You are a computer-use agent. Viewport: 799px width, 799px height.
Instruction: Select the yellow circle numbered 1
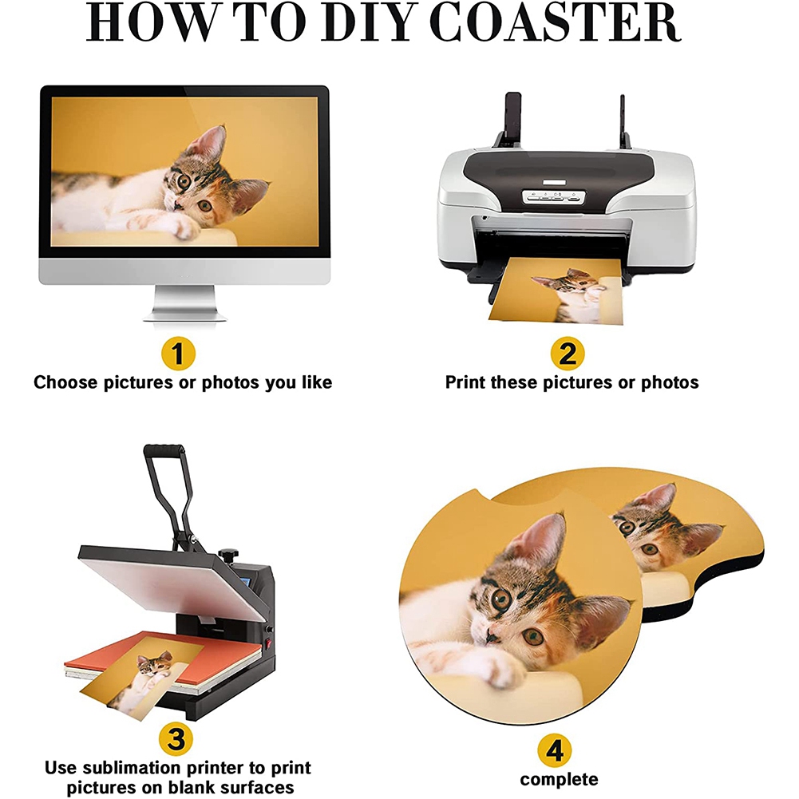178,353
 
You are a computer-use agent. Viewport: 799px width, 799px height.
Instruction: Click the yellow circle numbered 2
568,353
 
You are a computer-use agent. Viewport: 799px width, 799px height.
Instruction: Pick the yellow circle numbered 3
176,738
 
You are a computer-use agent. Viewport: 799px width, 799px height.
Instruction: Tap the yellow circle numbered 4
555,750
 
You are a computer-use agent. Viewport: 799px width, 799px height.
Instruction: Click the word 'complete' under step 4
559,780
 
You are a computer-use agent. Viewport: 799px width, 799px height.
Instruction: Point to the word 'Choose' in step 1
65,382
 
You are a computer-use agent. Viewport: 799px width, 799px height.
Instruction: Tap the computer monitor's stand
184,303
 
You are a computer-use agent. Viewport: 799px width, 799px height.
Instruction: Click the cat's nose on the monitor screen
178,204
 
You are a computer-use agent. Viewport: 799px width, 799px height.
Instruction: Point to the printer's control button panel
555,196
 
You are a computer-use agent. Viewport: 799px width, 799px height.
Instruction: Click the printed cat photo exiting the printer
556,291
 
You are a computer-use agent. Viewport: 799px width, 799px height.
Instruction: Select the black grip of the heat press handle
164,451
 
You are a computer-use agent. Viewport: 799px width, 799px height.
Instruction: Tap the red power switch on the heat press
267,644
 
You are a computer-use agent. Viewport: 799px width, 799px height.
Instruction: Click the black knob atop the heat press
229,553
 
